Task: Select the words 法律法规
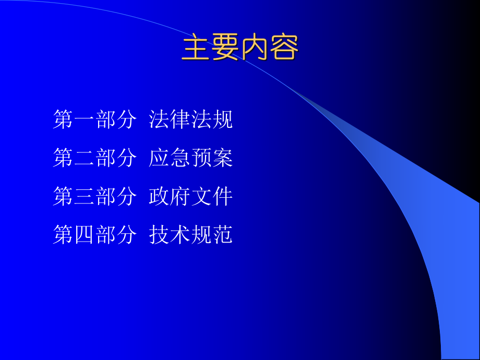(x=191, y=119)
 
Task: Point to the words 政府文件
(x=191, y=197)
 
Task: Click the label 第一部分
(x=95, y=119)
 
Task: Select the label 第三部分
(x=95, y=197)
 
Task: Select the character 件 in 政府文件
(x=223, y=197)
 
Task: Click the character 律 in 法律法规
(x=181, y=119)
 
